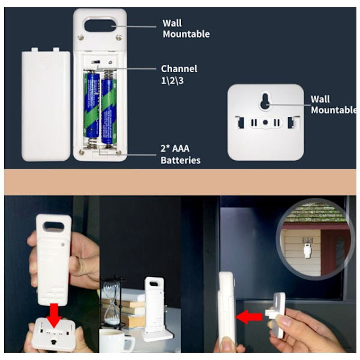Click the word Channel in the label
coord(179,68)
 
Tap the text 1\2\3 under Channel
coord(172,81)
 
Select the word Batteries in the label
coord(181,160)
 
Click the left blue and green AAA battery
coord(92,106)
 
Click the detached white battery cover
coord(46,104)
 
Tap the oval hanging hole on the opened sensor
coord(100,25)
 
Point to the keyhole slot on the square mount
coord(265,101)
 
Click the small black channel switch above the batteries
coord(96,62)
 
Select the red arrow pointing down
coord(54,315)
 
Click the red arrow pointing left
coord(249,317)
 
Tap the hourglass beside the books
coord(112,302)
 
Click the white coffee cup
coord(116,340)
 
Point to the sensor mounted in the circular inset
coord(307,250)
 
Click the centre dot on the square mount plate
coord(265,122)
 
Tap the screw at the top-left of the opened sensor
coord(80,37)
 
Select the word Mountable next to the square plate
coord(334,110)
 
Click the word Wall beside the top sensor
coord(172,23)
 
